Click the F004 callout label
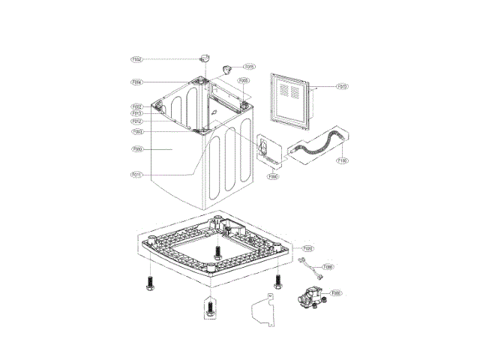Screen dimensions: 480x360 pyautogui.click(x=137, y=82)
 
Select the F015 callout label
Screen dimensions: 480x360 pyautogui.click(x=250, y=67)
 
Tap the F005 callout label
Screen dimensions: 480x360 pyautogui.click(x=244, y=80)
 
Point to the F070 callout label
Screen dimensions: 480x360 pyautogui.click(x=341, y=86)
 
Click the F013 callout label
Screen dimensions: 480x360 pyautogui.click(x=137, y=113)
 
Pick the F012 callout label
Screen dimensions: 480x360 pyautogui.click(x=137, y=121)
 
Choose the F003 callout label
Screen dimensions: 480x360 pyautogui.click(x=137, y=132)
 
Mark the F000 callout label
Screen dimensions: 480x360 pyautogui.click(x=137, y=149)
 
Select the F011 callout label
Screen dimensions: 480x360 pyautogui.click(x=137, y=175)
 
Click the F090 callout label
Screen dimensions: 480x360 pyautogui.click(x=274, y=177)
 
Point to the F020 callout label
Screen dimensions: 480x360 pyautogui.click(x=308, y=247)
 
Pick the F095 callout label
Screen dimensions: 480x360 pyautogui.click(x=328, y=266)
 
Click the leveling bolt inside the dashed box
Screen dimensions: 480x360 pyautogui.click(x=209, y=307)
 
